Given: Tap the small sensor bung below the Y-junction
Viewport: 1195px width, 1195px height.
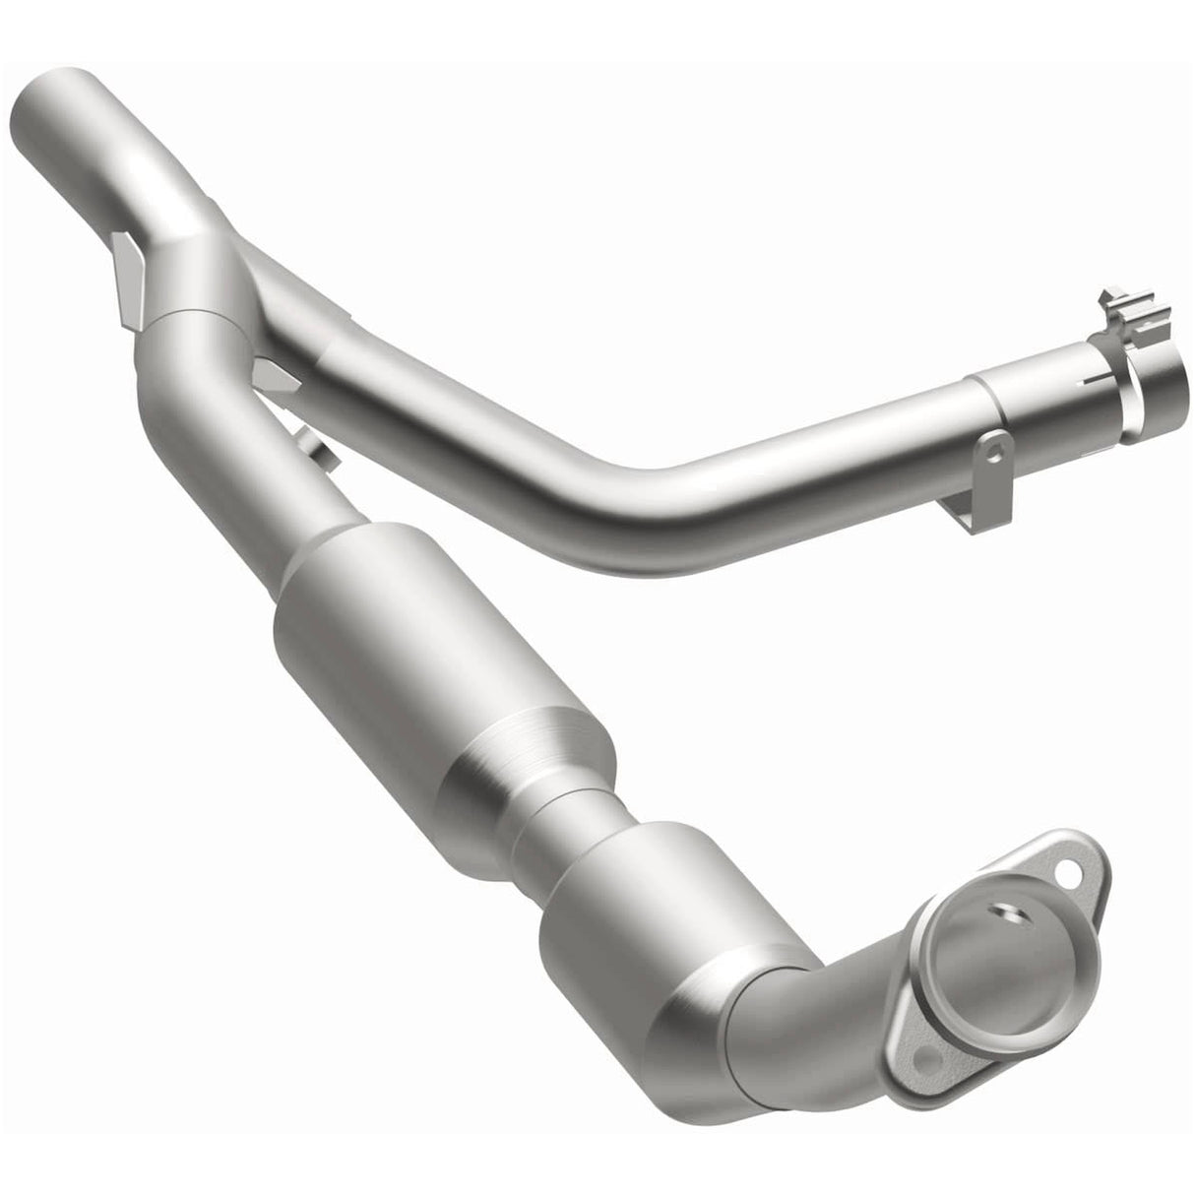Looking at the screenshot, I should point(313,449).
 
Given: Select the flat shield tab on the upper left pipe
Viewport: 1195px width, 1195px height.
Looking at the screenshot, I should point(129,276).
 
